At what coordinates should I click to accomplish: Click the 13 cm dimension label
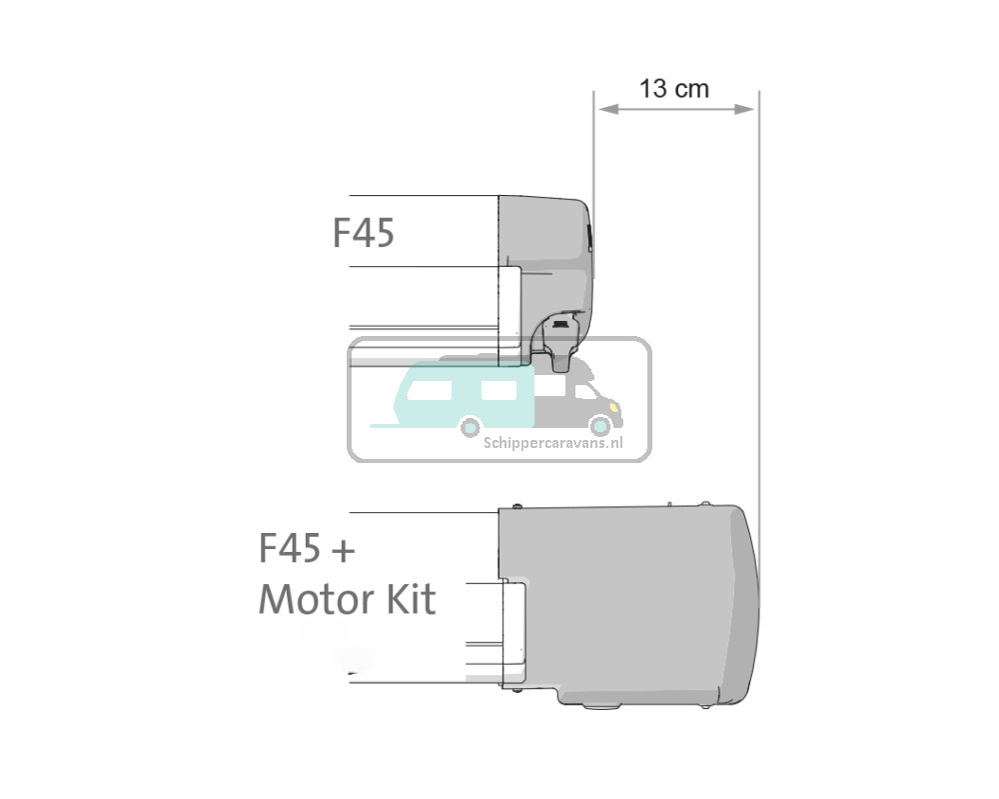pos(673,89)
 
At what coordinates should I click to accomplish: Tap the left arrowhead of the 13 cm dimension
pos(607,110)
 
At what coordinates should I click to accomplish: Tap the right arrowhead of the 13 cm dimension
pos(744,110)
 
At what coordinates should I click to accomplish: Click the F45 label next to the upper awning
pos(364,233)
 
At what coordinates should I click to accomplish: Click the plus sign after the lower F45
pos(344,550)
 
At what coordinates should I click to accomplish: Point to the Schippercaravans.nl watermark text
pos(553,443)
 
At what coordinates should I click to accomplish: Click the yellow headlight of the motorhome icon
pos(613,406)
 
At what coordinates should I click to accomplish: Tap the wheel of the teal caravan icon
pos(471,427)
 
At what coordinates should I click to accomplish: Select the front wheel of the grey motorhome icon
pos(600,425)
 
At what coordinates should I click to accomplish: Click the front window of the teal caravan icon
pos(499,389)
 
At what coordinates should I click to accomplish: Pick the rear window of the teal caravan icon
pos(429,390)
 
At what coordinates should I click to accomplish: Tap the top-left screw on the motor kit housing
pos(517,507)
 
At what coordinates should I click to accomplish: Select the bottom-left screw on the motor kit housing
pos(517,689)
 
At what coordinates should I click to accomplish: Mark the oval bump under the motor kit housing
pos(600,706)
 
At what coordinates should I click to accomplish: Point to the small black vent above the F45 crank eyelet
pos(560,325)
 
